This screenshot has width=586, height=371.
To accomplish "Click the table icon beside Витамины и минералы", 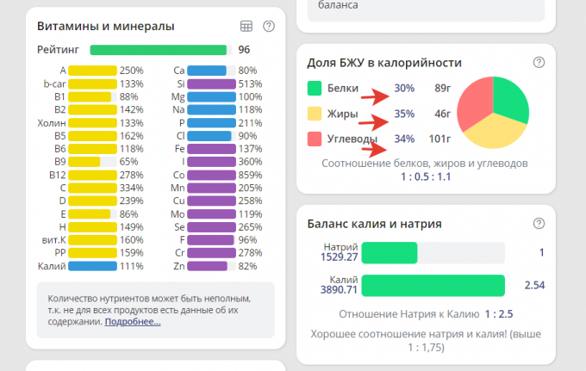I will pyautogui.click(x=246, y=27).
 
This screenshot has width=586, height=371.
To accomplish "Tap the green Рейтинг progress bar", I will pyautogui.click(x=159, y=50).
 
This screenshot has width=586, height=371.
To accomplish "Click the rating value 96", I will pyautogui.click(x=244, y=50).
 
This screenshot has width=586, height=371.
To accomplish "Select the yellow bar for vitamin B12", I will pyautogui.click(x=92, y=175).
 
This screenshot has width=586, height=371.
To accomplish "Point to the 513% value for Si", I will pyautogui.click(x=250, y=83).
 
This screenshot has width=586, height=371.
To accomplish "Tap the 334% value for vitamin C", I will pyautogui.click(x=131, y=188).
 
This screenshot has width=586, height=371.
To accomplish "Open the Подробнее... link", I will pyautogui.click(x=133, y=322).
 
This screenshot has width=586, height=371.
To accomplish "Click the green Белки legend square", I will pyautogui.click(x=315, y=88).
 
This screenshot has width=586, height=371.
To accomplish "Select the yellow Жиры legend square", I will pyautogui.click(x=315, y=113).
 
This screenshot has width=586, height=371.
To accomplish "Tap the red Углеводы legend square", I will pyautogui.click(x=315, y=138).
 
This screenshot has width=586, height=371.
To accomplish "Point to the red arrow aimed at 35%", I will pyautogui.click(x=374, y=118).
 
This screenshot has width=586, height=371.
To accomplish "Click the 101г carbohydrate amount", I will pyautogui.click(x=440, y=138).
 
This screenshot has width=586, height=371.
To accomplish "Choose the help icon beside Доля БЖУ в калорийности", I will pyautogui.click(x=539, y=63).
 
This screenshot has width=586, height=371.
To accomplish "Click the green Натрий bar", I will pyautogui.click(x=390, y=252).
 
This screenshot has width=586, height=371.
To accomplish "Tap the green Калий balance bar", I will pyautogui.click(x=433, y=285).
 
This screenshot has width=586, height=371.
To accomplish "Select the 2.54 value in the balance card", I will pyautogui.click(x=534, y=285).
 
